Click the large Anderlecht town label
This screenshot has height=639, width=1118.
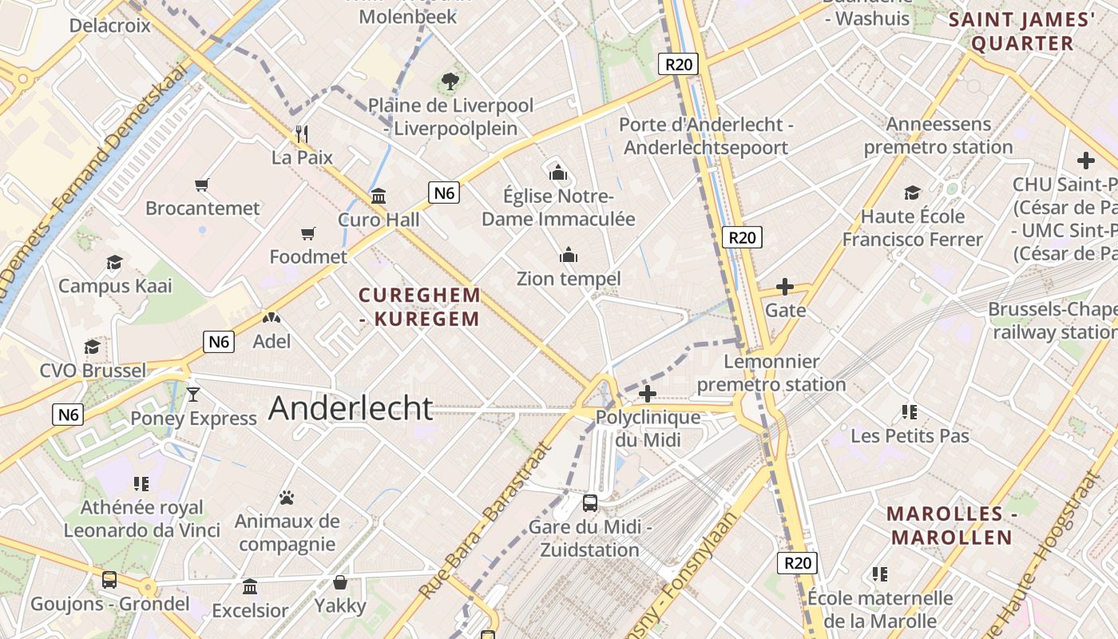click(x=351, y=408)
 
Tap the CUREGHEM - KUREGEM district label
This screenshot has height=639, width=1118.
click(x=420, y=307)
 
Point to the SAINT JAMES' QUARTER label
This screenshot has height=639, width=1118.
click(x=1021, y=32)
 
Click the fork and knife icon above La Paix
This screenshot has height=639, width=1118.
click(x=302, y=133)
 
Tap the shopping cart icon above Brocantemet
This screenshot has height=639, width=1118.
click(x=202, y=185)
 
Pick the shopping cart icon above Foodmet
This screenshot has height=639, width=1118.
click(x=308, y=233)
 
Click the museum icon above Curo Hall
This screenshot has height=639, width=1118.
click(x=379, y=196)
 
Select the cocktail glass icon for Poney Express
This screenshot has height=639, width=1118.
click(x=192, y=394)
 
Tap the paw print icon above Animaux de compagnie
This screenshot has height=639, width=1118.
click(x=287, y=498)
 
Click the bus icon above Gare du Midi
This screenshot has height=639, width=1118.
click(x=590, y=502)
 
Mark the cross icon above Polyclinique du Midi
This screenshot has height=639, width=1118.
click(x=648, y=393)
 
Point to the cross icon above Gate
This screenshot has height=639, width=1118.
click(x=785, y=286)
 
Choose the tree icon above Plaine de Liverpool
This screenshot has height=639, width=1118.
click(x=450, y=81)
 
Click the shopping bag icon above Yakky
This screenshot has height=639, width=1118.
click(x=340, y=582)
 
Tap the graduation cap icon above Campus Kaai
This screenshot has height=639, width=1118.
click(x=115, y=262)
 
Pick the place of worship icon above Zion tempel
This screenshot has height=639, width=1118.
click(x=569, y=255)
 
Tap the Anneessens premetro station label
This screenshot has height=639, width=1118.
click(x=938, y=136)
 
